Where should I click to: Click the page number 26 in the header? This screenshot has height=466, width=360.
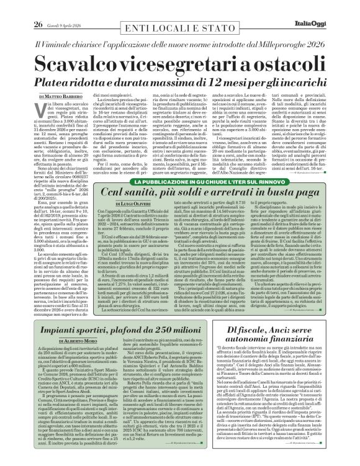(37, 8)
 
